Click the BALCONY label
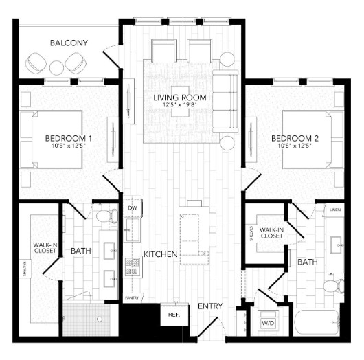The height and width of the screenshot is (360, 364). click(69, 43)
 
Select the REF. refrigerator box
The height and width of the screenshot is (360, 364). click(170, 316)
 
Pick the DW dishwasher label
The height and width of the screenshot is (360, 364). click(132, 208)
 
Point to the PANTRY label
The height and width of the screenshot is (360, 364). click(132, 297)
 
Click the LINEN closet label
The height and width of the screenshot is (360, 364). click(334, 209)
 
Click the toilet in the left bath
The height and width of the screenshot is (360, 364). click(105, 217)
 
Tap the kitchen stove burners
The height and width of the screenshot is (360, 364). click(132, 266)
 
